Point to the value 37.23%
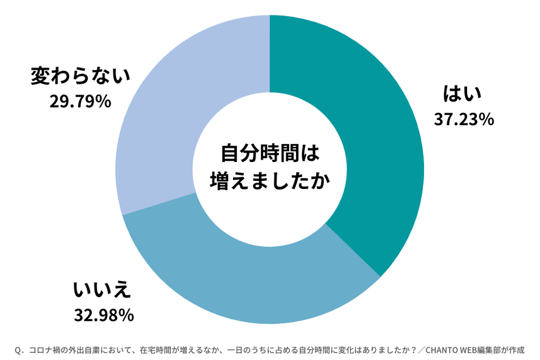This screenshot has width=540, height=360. pos(464,119)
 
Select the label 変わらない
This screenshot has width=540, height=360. pos(80,76)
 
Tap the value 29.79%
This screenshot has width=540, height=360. pos(81,102)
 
